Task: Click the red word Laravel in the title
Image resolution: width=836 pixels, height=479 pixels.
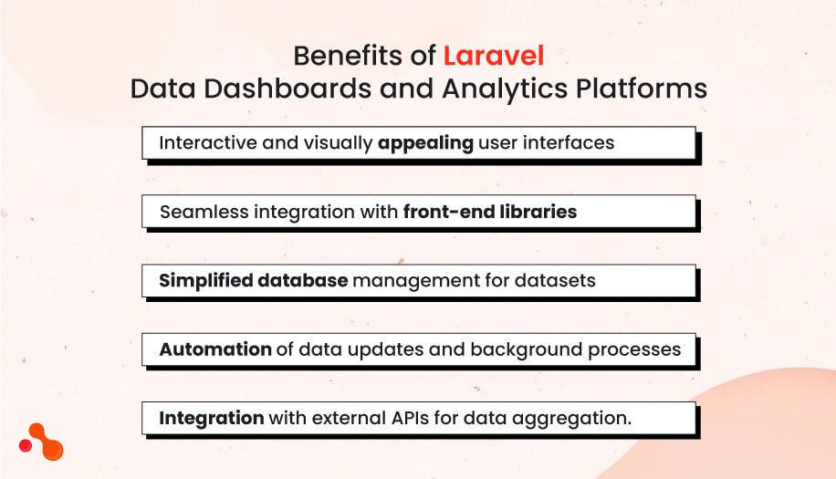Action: tap(494, 57)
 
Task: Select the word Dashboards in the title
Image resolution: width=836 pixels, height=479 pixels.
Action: tap(280, 89)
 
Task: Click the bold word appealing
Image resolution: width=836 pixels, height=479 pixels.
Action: tap(425, 143)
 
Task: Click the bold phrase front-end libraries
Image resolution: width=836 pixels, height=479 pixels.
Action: tap(490, 212)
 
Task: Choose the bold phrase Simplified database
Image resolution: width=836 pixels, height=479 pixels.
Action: tap(253, 280)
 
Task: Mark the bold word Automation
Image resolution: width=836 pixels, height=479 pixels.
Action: tap(215, 349)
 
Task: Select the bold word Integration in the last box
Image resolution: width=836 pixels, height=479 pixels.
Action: tap(212, 418)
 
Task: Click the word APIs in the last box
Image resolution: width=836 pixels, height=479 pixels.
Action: tap(422, 418)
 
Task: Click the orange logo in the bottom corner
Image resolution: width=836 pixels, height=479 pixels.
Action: tap(42, 443)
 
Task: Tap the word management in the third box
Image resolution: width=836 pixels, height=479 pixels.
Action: tap(412, 280)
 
